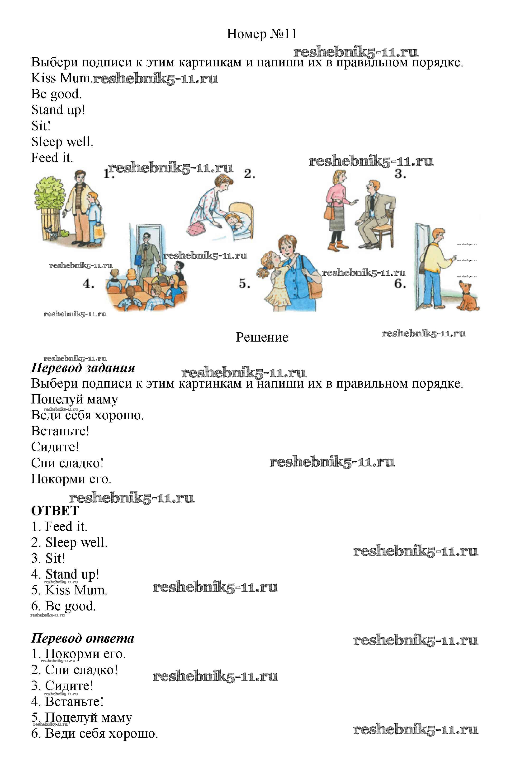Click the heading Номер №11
coord(262,34)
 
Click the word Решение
coord(262,337)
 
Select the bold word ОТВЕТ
coord(55,510)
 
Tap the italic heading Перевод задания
coord(83,368)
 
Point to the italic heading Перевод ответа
coord(82,638)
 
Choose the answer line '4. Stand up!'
coord(65,574)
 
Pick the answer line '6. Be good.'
coord(63,606)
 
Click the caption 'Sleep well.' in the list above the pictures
coord(62,142)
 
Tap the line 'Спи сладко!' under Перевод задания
coord(67,463)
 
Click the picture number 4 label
coord(88,283)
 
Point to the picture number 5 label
coord(244,283)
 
